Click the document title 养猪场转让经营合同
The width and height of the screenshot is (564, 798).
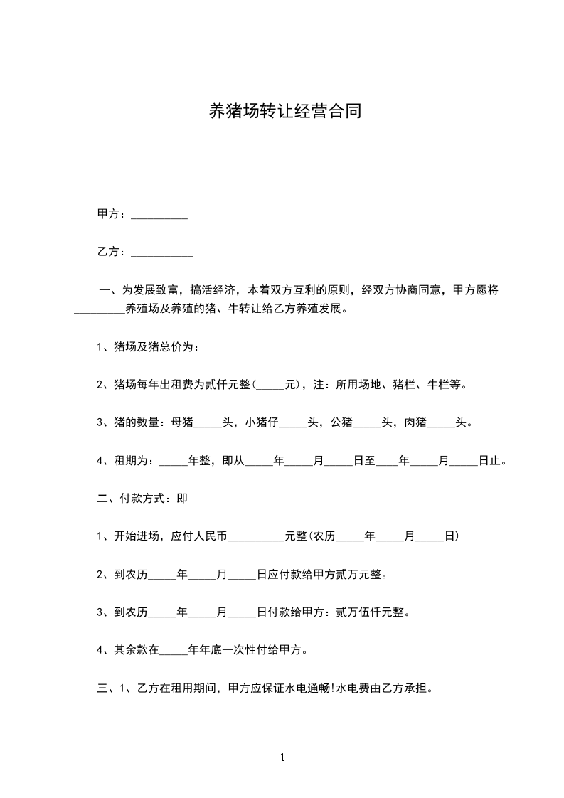coord(282,112)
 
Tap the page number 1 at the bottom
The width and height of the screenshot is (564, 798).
coord(282,758)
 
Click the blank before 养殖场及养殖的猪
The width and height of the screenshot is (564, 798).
coord(100,311)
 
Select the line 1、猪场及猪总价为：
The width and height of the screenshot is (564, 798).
coord(147,348)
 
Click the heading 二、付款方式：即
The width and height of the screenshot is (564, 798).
coord(142,499)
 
